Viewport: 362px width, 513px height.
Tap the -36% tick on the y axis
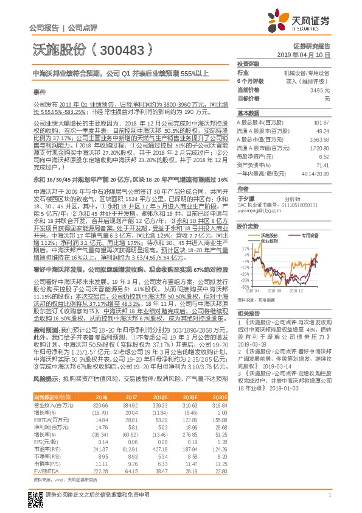243,286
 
